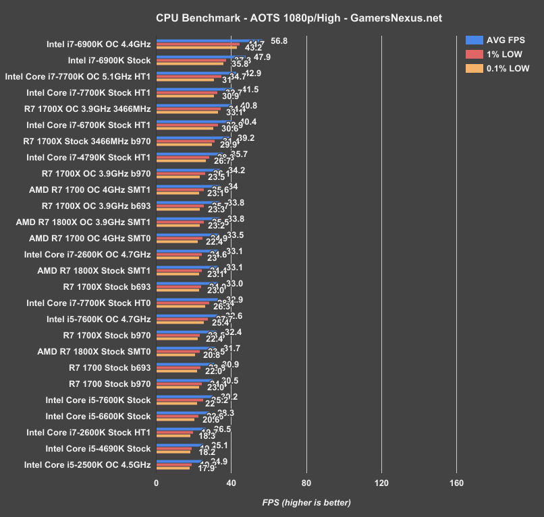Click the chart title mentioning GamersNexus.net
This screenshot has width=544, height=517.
(271, 18)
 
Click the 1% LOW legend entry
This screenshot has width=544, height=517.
(497, 54)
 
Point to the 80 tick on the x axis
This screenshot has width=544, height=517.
(306, 483)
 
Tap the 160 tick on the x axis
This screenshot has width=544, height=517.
(456, 483)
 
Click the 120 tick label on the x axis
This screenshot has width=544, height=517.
(381, 483)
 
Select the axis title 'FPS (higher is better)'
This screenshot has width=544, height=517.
(306, 502)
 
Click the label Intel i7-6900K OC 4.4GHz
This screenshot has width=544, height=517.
(99, 44)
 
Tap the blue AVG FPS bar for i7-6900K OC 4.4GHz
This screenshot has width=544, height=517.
(209, 40)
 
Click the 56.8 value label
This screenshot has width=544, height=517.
(279, 41)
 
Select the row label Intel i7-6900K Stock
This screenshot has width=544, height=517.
(109, 61)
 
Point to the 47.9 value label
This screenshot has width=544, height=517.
(262, 57)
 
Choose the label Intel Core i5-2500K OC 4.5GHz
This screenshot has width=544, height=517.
(87, 464)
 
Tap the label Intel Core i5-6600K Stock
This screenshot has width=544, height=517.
(98, 416)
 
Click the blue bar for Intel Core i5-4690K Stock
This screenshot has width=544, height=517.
(180, 444)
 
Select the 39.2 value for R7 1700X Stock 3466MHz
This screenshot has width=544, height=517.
(246, 138)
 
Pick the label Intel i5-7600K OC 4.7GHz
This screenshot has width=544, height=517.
(99, 319)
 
